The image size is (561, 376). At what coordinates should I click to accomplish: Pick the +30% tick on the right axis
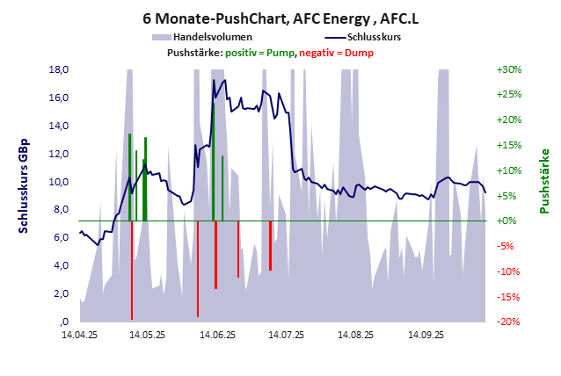click(509, 69)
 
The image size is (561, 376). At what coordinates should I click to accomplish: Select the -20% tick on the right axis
click(509, 322)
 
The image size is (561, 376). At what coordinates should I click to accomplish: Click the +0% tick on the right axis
click(506, 221)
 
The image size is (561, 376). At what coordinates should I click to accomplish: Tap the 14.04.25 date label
click(79, 335)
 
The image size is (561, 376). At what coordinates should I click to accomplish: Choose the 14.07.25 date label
click(287, 335)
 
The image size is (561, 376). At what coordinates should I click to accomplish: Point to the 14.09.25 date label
click(425, 335)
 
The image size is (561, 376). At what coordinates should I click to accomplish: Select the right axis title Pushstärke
click(544, 181)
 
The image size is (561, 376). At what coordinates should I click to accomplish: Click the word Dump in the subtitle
click(361, 53)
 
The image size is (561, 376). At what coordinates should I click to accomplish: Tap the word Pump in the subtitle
click(280, 53)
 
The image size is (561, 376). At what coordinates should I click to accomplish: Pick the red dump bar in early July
click(270, 245)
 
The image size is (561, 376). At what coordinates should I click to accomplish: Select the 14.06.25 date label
click(218, 335)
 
